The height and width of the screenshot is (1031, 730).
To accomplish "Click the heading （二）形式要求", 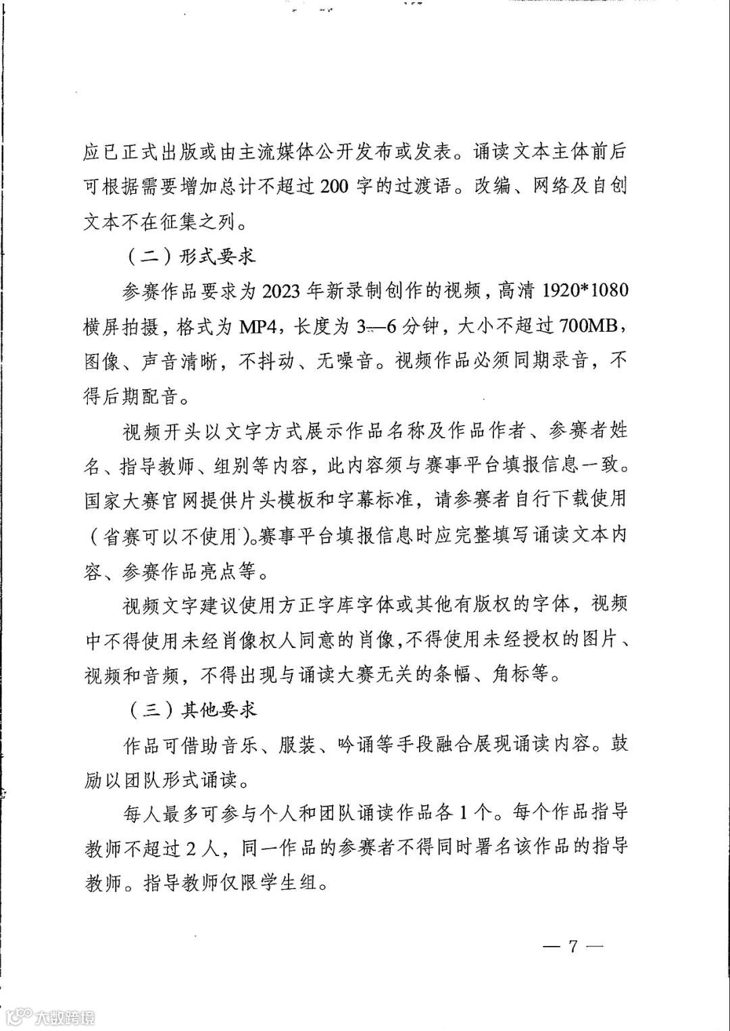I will point(190,257).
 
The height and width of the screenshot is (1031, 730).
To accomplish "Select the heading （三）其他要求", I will point(190,709).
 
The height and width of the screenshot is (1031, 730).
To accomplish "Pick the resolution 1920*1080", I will point(581,291).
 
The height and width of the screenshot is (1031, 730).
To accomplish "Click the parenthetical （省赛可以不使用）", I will point(166,536).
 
